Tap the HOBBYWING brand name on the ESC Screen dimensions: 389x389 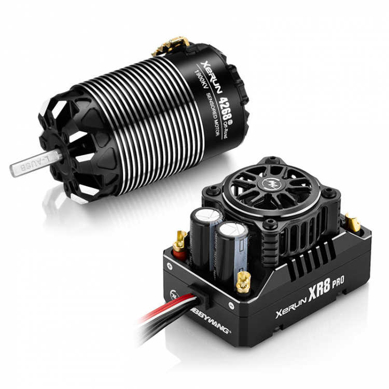click(x=210, y=320)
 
